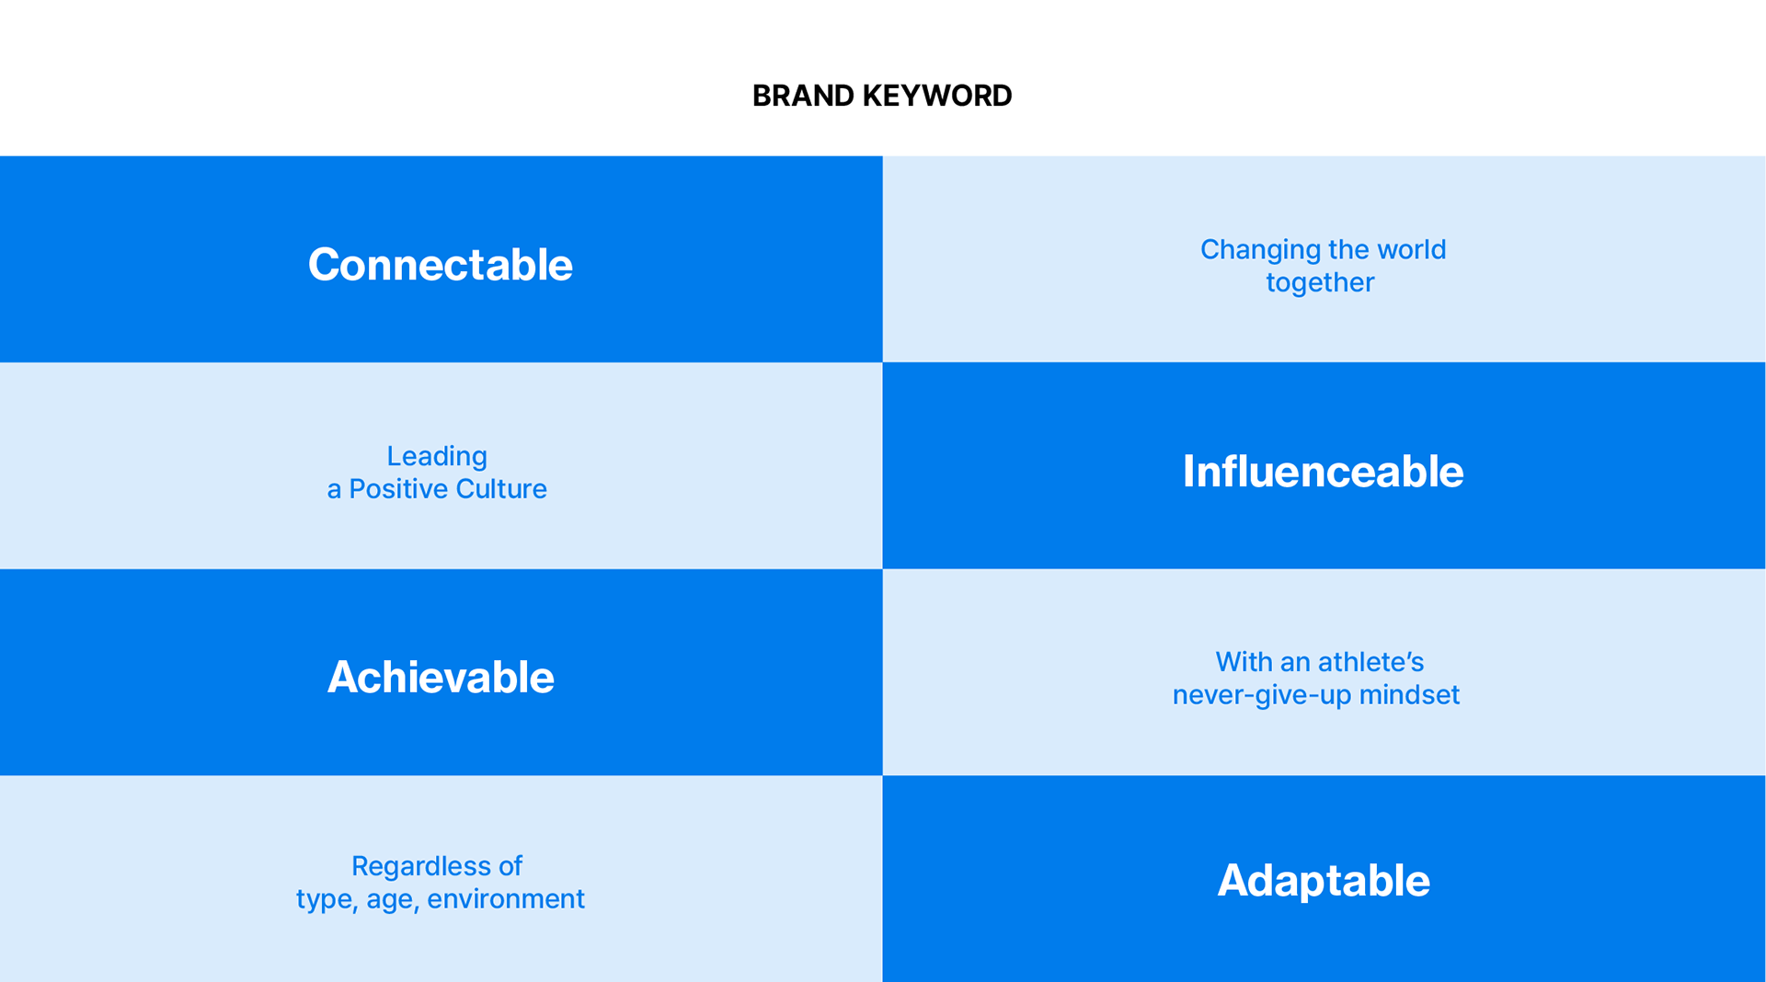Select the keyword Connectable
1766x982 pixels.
pos(441,265)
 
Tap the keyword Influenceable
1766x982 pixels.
pos(1323,471)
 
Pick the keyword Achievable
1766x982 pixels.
pos(441,677)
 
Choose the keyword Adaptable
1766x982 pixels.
pos(1324,880)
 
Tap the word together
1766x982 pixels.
pos(1320,282)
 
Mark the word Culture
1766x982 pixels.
pos(502,488)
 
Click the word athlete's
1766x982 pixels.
pos(1371,662)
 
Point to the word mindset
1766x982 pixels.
pos(1409,694)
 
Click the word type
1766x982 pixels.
pos(327,900)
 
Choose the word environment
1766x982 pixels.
pos(506,899)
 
